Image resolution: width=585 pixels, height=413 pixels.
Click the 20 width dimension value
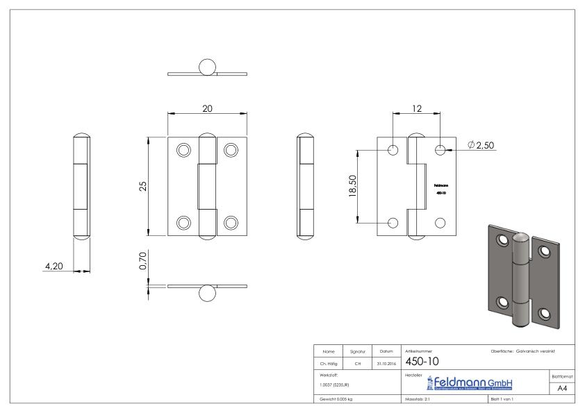[x=207, y=108]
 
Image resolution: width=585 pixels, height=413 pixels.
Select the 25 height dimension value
[x=142, y=187]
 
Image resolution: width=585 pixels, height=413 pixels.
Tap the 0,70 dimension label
[x=142, y=261]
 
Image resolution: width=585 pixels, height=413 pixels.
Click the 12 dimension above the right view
[x=417, y=108]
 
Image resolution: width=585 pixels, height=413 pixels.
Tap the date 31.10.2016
[x=385, y=363]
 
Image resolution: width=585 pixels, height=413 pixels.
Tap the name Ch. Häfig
[x=329, y=363]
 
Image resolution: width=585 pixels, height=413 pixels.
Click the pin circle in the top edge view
[x=207, y=67]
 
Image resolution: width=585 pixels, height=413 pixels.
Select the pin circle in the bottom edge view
[x=207, y=293]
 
